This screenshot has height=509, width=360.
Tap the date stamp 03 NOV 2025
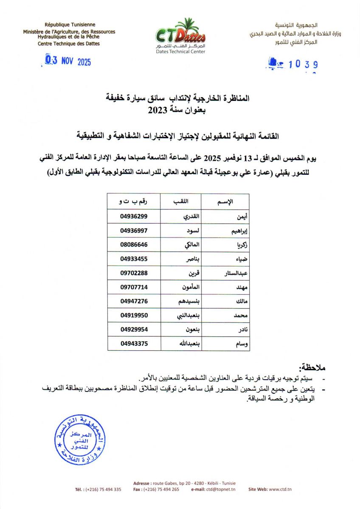68,62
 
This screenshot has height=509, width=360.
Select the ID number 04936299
134,216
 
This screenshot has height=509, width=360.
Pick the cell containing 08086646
134,245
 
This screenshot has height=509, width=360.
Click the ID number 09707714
134,287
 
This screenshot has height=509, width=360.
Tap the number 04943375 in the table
134,344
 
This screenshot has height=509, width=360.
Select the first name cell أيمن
240,216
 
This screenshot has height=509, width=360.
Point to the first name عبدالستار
235,273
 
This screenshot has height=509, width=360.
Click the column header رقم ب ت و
134,201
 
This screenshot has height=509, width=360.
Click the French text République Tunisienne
70,25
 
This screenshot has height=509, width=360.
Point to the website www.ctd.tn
280,489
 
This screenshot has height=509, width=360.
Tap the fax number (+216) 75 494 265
161,489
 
